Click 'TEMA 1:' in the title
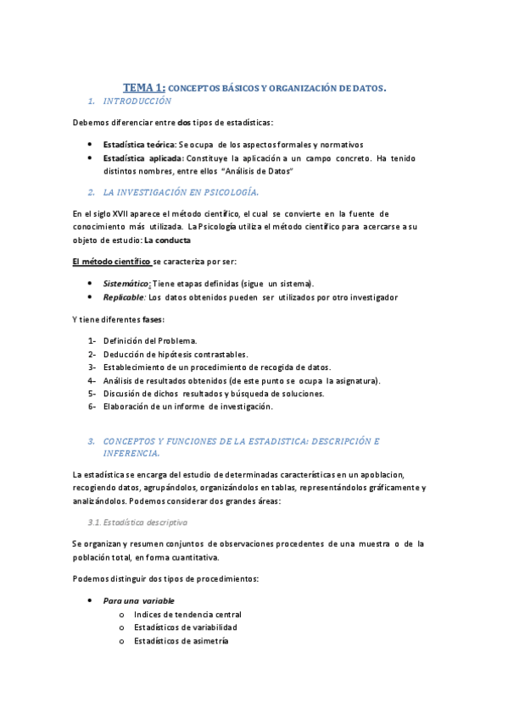point(144,87)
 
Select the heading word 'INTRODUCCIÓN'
point(137,101)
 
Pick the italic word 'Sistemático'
point(126,283)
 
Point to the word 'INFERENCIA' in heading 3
point(131,454)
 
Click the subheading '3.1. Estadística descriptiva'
point(138,522)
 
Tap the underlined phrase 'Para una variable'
point(139,600)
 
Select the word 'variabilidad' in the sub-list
point(210,627)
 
